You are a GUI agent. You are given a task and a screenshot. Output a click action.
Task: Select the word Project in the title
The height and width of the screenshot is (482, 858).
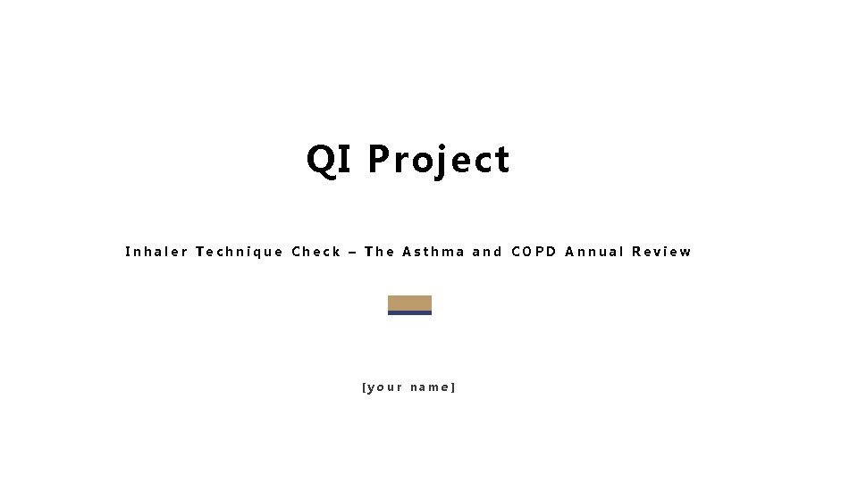coord(439,161)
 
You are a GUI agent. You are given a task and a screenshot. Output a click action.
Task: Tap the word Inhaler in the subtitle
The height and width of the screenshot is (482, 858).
coord(156,252)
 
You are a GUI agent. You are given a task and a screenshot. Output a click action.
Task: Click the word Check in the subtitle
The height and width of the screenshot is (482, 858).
coord(316,252)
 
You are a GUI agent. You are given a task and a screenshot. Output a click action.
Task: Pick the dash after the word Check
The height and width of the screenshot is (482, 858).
coord(353,253)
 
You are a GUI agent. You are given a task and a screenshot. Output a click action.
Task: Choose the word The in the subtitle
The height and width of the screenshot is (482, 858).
coord(380,252)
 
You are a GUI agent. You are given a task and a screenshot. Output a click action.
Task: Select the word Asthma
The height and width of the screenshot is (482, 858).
coord(433,252)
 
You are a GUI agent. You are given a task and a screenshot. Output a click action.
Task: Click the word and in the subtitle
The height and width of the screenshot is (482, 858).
coord(487,252)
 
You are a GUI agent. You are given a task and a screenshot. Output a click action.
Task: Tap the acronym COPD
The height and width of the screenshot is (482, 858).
coord(534,252)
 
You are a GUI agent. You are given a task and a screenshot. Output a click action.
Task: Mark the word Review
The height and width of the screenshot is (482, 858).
coord(661,252)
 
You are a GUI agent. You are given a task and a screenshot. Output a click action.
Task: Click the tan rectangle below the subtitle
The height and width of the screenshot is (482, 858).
coord(409,303)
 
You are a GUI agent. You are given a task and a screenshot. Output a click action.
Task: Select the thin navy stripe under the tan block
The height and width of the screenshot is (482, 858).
coord(409,313)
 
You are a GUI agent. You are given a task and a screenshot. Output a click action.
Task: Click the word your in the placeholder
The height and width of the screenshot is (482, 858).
coord(384,387)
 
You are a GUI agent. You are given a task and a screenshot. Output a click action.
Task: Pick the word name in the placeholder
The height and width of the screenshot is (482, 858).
coord(430,387)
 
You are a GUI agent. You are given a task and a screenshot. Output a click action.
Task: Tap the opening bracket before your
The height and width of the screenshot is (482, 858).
coord(364,387)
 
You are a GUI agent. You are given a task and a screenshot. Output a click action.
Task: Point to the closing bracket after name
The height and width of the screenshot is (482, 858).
coord(454,387)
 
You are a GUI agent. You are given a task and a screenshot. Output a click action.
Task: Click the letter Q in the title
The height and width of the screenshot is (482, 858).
coord(319,160)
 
